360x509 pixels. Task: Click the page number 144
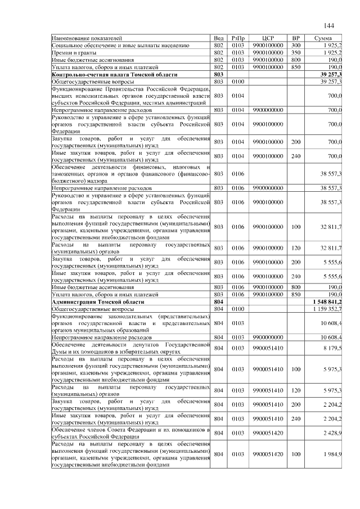click(x=329, y=26)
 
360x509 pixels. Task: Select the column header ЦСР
click(x=267, y=38)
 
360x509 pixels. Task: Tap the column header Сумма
click(x=323, y=38)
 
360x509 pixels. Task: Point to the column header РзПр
click(x=238, y=38)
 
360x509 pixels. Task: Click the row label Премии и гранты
click(x=71, y=52)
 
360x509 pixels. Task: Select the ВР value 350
click(x=296, y=52)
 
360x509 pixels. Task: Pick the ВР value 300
click(x=296, y=44)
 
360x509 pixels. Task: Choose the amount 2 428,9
click(x=332, y=433)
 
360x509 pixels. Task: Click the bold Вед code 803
click(x=219, y=74)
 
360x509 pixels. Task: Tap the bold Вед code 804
click(x=219, y=301)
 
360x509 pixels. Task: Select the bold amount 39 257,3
click(x=331, y=74)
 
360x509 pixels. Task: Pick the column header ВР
click(x=296, y=38)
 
